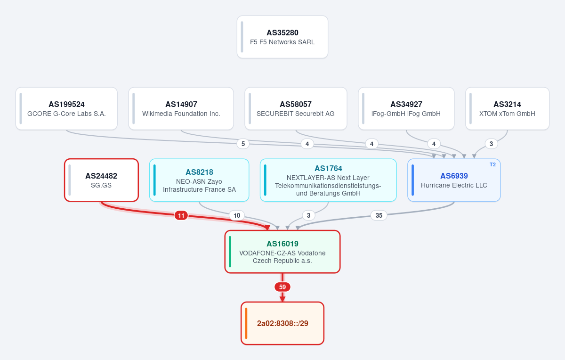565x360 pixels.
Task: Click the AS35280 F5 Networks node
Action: (282, 37)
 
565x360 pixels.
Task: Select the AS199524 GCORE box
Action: (66, 108)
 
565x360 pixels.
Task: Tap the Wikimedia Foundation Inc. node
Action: (181, 108)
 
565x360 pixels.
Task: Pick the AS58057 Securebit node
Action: (296, 108)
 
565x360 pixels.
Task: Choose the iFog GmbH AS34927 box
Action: (406, 108)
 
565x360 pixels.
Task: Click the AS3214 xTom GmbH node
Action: (507, 108)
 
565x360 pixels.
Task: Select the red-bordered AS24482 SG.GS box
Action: (101, 180)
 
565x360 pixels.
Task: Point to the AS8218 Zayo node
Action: (199, 180)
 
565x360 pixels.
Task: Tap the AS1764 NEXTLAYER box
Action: (328, 180)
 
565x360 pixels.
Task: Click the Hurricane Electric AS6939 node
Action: (454, 180)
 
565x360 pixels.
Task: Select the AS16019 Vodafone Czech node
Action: (282, 252)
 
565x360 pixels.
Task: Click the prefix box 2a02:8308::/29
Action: (282, 323)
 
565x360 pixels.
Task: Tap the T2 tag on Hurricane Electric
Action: (492, 164)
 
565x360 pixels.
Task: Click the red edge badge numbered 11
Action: (181, 216)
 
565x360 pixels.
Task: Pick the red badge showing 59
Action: (282, 287)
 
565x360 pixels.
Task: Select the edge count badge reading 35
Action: (379, 215)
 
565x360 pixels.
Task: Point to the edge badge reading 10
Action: (237, 215)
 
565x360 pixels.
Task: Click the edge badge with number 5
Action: (243, 144)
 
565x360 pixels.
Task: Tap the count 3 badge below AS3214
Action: (491, 144)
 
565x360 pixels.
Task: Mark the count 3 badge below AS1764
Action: (308, 215)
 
